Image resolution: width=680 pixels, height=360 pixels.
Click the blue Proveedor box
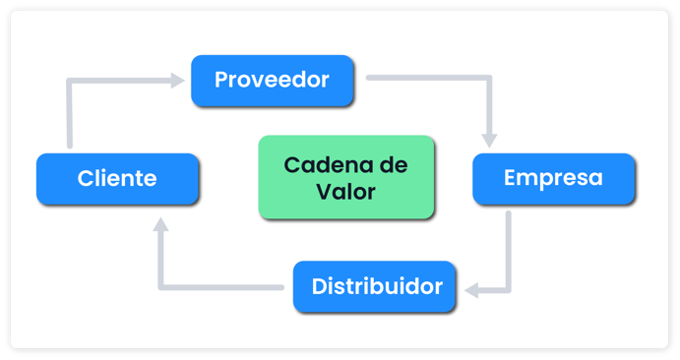pos(272,81)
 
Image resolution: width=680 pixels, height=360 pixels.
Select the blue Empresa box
pos(553,179)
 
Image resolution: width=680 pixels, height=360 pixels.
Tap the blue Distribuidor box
pos(375,287)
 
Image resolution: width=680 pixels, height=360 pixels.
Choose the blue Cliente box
pos(118,179)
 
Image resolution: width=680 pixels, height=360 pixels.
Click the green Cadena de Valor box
pos(345,177)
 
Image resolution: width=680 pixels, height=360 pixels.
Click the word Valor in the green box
pos(345,191)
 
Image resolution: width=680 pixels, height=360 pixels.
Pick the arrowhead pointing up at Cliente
pos(162,224)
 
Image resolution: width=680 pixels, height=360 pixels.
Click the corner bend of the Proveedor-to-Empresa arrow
pos(488,78)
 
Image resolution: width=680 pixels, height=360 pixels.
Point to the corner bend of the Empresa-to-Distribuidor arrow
pos(508,290)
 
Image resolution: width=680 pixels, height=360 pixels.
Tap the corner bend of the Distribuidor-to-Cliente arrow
pos(162,287)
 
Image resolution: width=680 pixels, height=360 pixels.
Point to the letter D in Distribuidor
pos(319,287)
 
